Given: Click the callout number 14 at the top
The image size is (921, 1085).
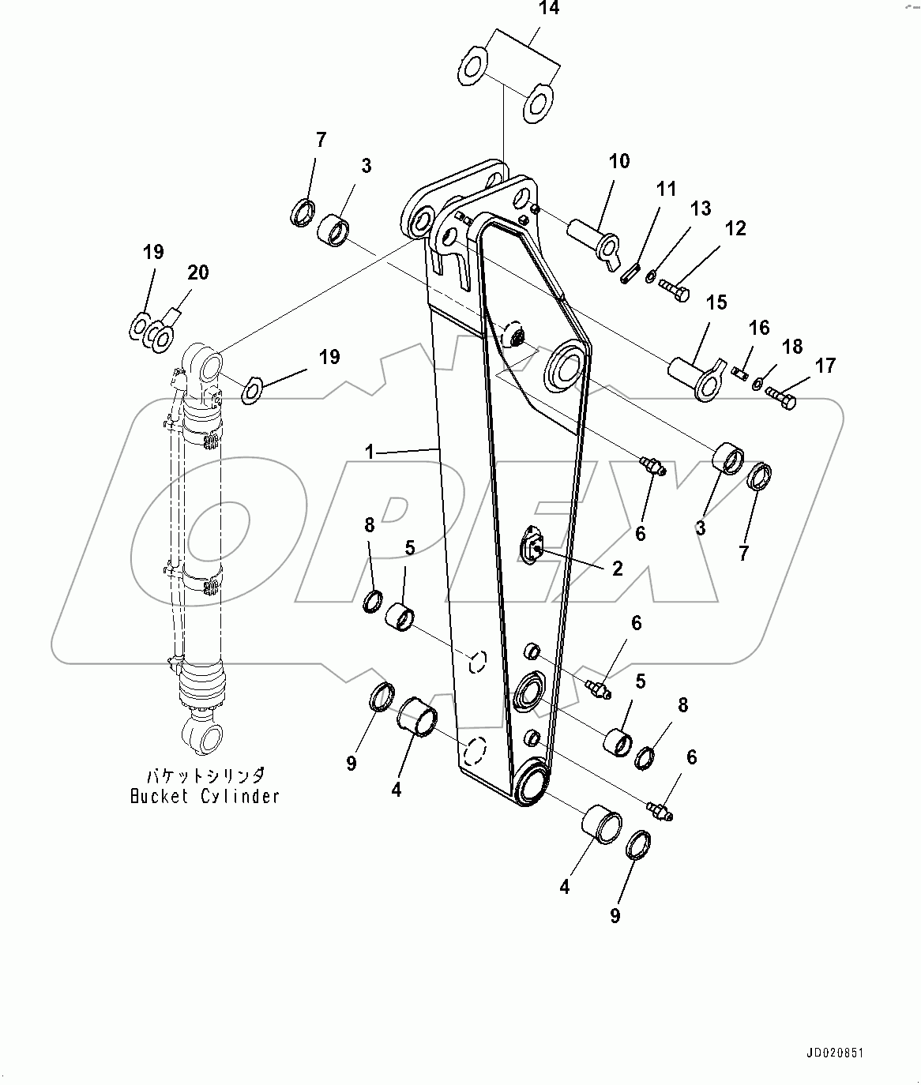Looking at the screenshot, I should pyautogui.click(x=548, y=9).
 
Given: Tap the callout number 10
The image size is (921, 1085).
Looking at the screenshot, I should pyautogui.click(x=619, y=161).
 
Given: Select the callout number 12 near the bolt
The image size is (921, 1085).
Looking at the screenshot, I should pyautogui.click(x=735, y=228).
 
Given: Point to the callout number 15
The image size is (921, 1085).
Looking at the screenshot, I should pyautogui.click(x=716, y=302).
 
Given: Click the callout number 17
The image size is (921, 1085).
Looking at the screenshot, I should pyautogui.click(x=825, y=366).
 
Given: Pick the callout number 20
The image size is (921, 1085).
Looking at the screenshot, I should pyautogui.click(x=197, y=272).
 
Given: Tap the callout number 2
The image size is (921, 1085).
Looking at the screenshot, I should pyautogui.click(x=617, y=569).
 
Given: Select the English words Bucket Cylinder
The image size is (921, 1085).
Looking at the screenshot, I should pyautogui.click(x=205, y=796).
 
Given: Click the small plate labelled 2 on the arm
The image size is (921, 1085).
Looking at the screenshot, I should pyautogui.click(x=533, y=546).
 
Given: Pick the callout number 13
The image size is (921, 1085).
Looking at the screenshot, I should pyautogui.click(x=701, y=208).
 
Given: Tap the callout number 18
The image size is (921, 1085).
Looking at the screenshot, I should pyautogui.click(x=791, y=346).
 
